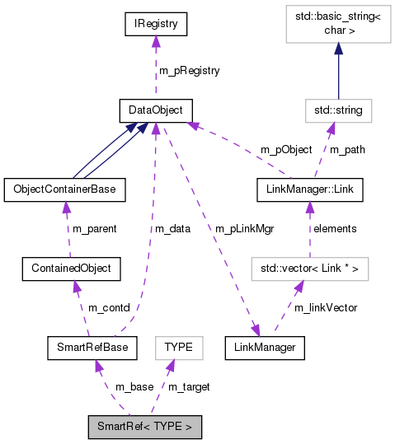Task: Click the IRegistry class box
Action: (155, 24)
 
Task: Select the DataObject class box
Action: (155, 110)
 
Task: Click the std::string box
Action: (338, 110)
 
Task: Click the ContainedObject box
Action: (73, 268)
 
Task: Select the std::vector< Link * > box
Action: (309, 268)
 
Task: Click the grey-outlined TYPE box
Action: (179, 348)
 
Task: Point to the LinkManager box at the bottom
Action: (266, 348)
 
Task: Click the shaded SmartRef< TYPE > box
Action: (144, 427)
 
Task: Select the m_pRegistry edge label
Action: (189, 71)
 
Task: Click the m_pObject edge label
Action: (286, 150)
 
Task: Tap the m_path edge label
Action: (346, 150)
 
